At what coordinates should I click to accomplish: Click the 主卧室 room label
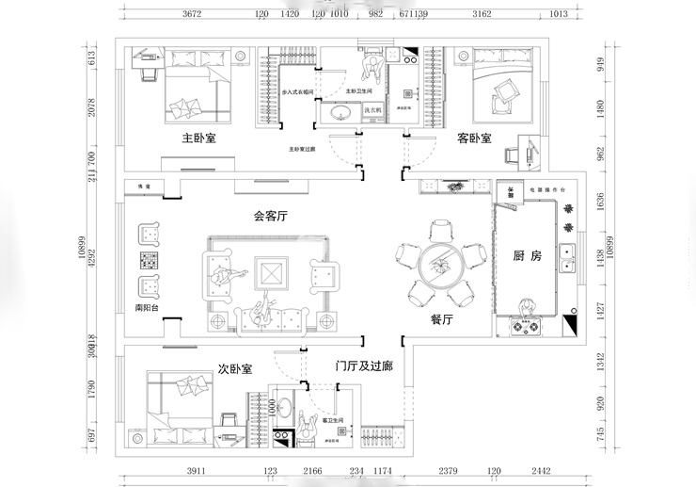[x=199, y=138]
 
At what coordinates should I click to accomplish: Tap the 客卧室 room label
[x=474, y=138]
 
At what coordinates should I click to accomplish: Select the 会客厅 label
[x=270, y=216]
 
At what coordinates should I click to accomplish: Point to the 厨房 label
[x=527, y=255]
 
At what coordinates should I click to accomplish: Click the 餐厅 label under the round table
[x=442, y=319]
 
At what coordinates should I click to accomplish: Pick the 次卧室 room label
[x=234, y=369]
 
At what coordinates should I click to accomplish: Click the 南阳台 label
[x=149, y=307]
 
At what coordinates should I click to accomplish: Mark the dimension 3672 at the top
[x=193, y=15]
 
